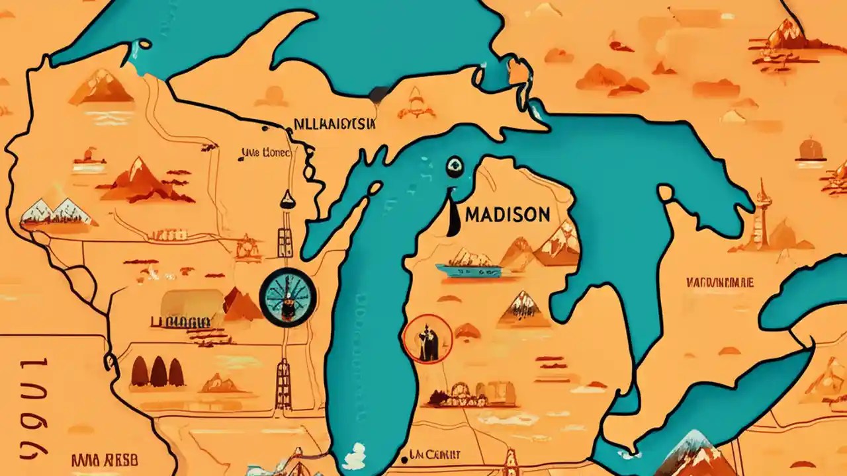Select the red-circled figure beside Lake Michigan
coord(427,339)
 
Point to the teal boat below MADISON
coord(468,269)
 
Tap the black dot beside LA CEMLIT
coord(404,457)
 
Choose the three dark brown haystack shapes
coord(157,372)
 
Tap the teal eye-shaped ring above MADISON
coord(454,167)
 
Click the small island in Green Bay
coord(375,188)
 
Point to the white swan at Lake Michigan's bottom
coord(355,456)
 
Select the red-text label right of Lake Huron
coord(720,282)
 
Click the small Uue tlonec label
coord(265,153)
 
